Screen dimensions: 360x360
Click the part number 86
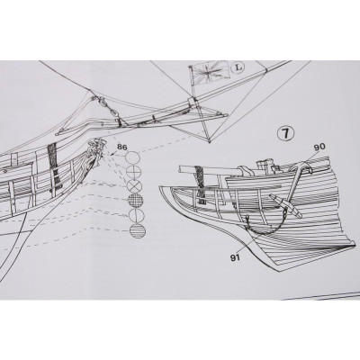click(122, 147)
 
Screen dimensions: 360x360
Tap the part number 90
click(319, 147)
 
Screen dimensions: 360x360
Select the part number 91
click(236, 258)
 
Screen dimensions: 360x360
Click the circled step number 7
click(285, 133)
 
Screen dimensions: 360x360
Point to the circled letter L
click(238, 67)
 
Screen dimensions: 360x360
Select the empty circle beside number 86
click(132, 157)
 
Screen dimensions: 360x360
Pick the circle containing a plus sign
click(133, 172)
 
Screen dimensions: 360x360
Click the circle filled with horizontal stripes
click(138, 230)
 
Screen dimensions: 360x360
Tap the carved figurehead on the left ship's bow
click(96, 150)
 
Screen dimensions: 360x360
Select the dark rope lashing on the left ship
click(53, 167)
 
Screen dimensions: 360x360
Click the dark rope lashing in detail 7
click(201, 183)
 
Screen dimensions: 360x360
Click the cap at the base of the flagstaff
click(193, 102)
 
